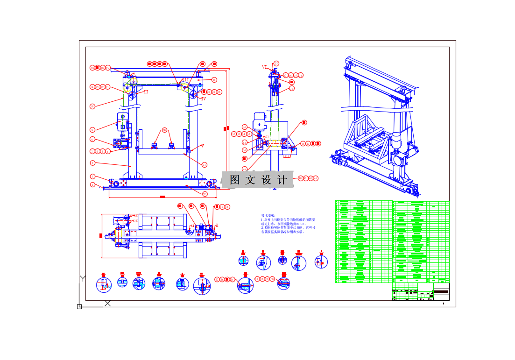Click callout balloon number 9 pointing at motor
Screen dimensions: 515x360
tap(92, 130)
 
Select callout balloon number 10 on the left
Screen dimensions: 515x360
tap(92, 106)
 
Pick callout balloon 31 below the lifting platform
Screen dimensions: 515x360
tap(204, 164)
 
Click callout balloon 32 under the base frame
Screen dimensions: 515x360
tap(205, 194)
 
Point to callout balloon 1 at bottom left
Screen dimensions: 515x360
tap(92, 185)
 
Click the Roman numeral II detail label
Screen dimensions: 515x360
tap(146, 92)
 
